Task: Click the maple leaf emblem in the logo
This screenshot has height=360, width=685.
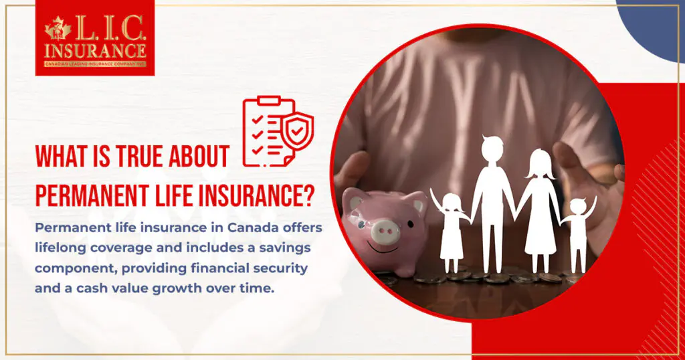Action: [x=58, y=28]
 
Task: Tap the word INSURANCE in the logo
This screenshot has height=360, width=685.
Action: [x=94, y=50]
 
